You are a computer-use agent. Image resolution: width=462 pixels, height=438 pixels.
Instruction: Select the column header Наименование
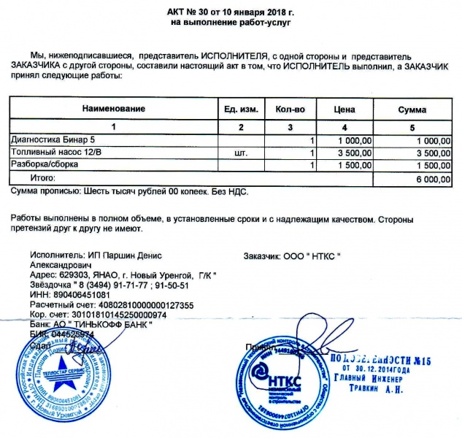click(x=113, y=109)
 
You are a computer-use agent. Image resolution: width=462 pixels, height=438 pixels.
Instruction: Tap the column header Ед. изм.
click(x=241, y=109)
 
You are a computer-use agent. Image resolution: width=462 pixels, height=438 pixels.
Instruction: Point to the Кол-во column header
click(x=290, y=109)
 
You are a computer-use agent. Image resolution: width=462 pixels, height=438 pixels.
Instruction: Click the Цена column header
click(x=344, y=109)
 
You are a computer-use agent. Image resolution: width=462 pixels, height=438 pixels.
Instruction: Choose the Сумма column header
click(x=412, y=109)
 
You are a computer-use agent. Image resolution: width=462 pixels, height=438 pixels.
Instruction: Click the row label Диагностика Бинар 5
click(x=53, y=140)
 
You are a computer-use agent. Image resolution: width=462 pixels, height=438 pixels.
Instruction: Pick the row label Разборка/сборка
click(x=45, y=166)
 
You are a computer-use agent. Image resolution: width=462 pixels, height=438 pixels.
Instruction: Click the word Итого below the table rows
click(x=43, y=178)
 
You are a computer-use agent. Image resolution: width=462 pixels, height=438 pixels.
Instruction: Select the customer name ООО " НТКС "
click(x=311, y=257)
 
